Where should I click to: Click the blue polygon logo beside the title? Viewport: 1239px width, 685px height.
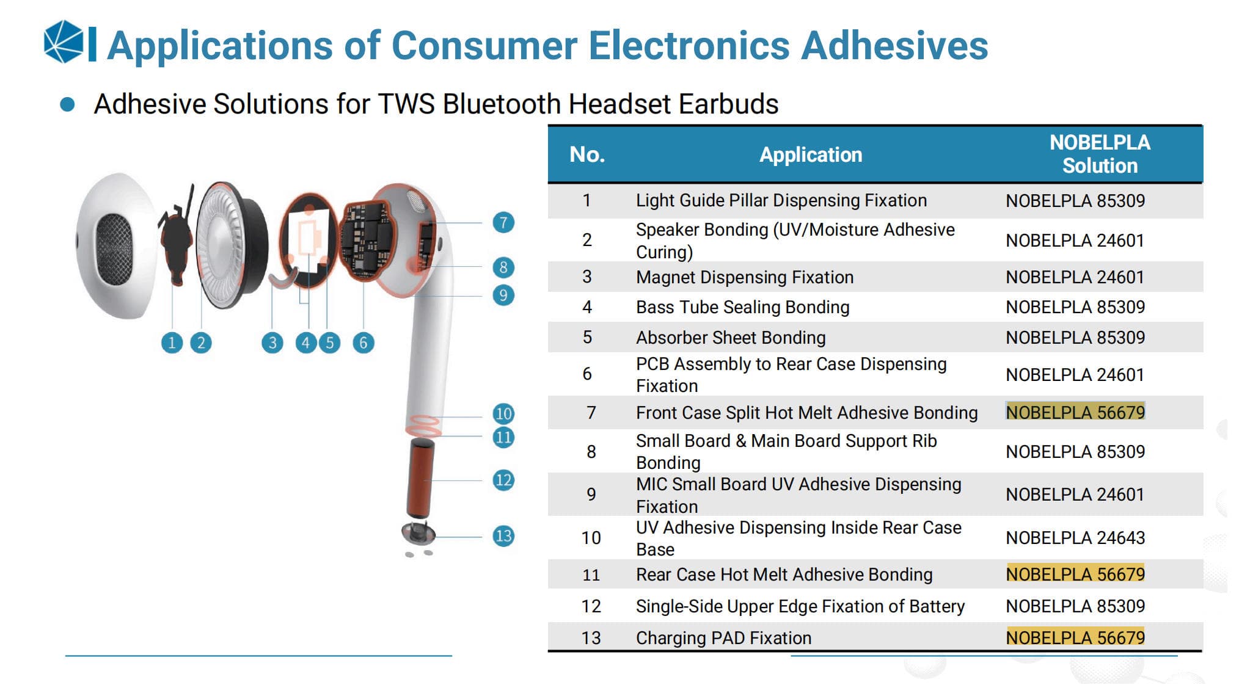pos(64,42)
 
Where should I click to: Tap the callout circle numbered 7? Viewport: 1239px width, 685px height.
pos(503,223)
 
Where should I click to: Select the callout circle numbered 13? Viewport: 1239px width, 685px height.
pos(503,536)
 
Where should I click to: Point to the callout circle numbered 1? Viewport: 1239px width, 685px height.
pos(172,343)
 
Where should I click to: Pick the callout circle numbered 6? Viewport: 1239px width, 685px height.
pos(364,343)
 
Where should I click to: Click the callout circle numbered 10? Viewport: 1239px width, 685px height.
pos(503,413)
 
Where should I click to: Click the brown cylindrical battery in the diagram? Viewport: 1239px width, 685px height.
pos(421,478)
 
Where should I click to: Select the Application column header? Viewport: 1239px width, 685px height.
pos(811,155)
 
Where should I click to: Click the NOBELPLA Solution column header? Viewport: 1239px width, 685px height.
pos(1100,154)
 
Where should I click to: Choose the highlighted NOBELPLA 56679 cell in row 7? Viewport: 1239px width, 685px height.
pos(1075,413)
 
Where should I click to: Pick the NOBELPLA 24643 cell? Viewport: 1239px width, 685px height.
pos(1075,538)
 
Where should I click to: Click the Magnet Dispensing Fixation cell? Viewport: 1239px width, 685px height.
pos(745,277)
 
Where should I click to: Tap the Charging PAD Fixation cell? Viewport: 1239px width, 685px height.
pos(724,638)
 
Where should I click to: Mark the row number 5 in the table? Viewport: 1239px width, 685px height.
pos(587,338)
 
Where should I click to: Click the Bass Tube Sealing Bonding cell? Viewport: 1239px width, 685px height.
pos(743,307)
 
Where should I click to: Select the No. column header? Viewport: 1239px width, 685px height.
pos(587,154)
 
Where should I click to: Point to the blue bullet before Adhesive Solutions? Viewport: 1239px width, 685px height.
pos(67,104)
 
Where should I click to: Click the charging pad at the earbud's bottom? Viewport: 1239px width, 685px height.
pos(418,535)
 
